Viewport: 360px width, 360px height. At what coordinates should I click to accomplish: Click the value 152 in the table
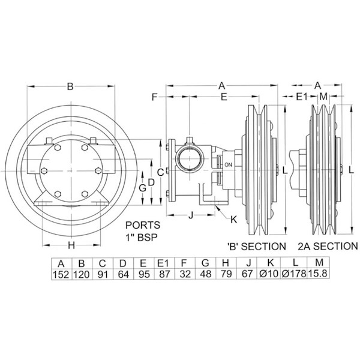click(61, 275)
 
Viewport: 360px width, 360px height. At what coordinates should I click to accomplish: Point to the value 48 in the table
click(205, 275)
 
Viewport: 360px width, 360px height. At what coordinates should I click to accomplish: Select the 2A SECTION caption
click(328, 246)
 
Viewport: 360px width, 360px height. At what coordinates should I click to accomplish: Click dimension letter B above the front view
click(70, 87)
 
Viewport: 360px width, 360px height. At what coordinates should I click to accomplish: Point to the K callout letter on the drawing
click(234, 220)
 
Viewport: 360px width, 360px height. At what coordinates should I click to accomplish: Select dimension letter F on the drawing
click(154, 97)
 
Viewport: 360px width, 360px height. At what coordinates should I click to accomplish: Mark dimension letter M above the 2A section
click(323, 97)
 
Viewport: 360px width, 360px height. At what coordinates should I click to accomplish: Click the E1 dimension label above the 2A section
click(302, 97)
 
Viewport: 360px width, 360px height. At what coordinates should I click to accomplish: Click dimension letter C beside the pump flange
click(160, 172)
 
